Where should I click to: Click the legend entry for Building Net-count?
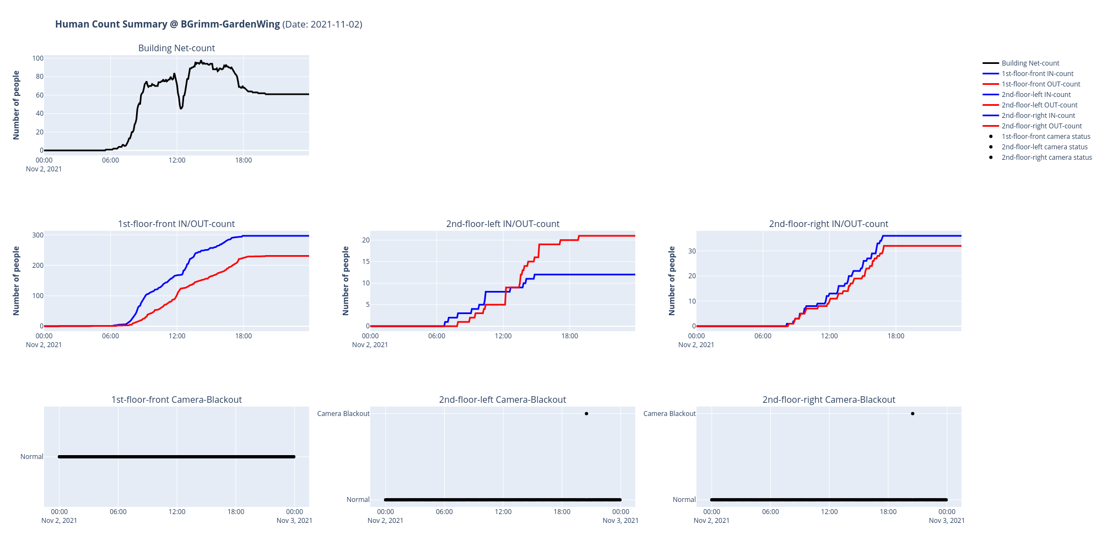point(1030,63)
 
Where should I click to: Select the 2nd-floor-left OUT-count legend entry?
point(1039,105)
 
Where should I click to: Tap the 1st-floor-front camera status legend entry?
point(1045,137)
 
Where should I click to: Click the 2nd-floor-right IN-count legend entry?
point(1038,116)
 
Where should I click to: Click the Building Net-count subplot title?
point(176,48)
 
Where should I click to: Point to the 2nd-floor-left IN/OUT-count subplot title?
point(503,224)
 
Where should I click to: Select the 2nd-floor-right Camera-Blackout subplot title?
point(829,399)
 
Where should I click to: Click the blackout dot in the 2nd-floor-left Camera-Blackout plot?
point(586,414)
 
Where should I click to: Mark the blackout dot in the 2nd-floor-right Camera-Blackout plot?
point(912,414)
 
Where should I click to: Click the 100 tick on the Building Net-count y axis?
point(37,58)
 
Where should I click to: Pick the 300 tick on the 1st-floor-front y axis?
point(37,235)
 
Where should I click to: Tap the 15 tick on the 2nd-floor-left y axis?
point(366,262)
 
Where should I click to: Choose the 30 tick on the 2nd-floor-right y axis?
point(692,251)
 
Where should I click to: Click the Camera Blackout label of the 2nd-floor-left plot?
point(343,414)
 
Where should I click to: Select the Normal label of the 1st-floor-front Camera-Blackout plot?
point(32,457)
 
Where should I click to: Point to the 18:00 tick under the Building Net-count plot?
point(244,160)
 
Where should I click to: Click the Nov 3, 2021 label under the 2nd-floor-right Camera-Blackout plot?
point(947,521)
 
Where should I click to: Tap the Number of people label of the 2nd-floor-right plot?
point(672,281)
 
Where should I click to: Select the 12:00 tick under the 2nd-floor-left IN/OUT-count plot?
point(503,336)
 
